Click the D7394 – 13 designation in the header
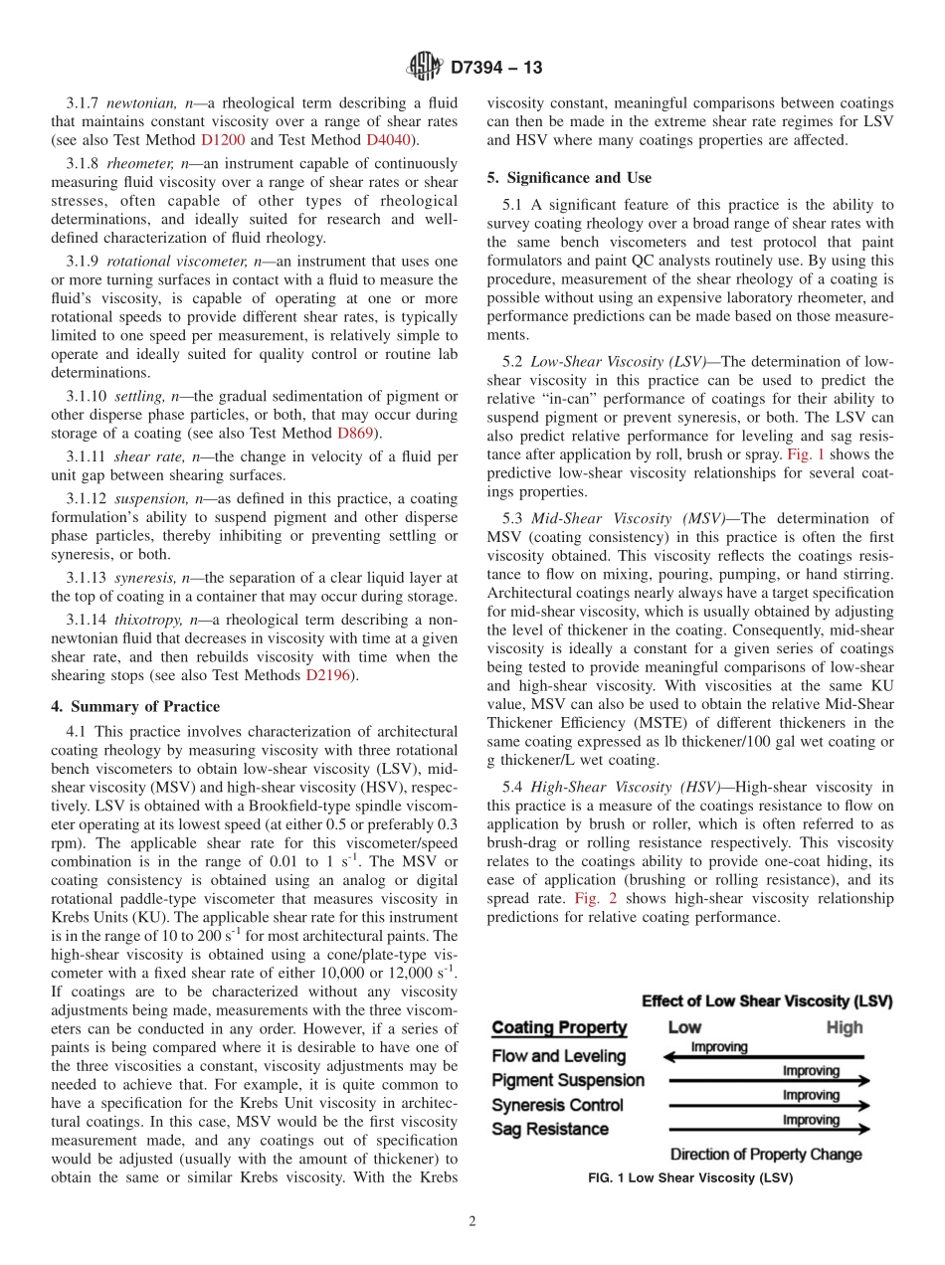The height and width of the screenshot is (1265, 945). point(496,69)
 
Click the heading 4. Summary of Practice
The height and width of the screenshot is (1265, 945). point(135,707)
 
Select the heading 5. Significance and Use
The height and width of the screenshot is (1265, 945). point(569,178)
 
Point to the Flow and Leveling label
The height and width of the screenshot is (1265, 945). point(559,1056)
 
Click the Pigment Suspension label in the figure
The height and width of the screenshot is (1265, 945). point(568,1080)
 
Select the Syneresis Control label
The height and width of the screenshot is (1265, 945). point(558,1105)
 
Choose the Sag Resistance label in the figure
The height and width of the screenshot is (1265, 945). point(550,1130)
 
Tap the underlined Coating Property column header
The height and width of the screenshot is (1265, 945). point(560,1028)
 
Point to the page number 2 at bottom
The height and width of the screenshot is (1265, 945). point(472,1222)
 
